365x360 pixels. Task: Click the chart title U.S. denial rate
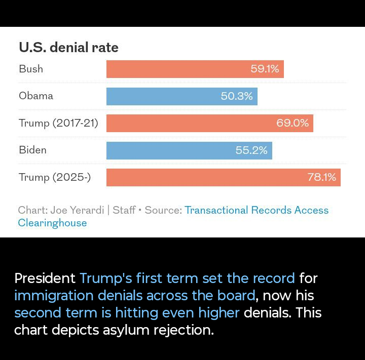tap(68, 48)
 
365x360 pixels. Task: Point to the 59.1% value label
tap(265, 69)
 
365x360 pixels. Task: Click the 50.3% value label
tap(237, 96)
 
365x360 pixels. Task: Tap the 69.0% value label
tap(293, 123)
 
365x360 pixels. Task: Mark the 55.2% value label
tap(251, 150)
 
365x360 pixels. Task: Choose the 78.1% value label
tap(322, 177)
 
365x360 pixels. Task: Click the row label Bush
tap(31, 69)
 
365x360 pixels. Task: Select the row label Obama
tap(36, 96)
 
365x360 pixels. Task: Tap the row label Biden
tap(32, 150)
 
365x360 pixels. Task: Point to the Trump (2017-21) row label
tap(58, 123)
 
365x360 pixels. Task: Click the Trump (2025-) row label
tap(55, 177)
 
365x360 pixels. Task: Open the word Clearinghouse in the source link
tap(52, 223)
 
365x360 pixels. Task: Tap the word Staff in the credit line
tap(124, 210)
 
